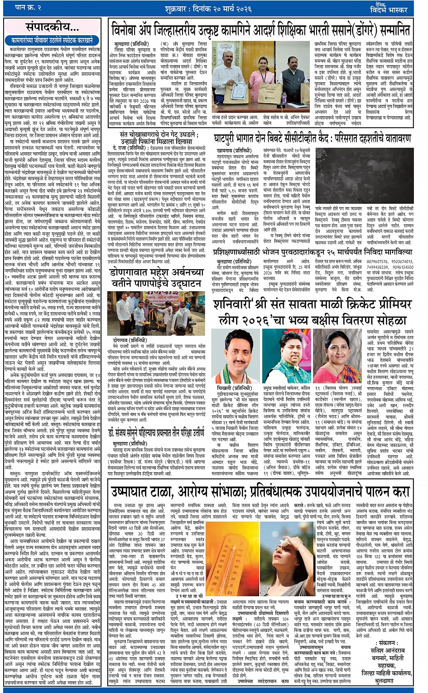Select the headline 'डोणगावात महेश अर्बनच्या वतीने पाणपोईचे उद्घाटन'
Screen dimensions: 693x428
point(156,277)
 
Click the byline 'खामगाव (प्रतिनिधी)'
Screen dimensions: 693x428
point(234,150)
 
